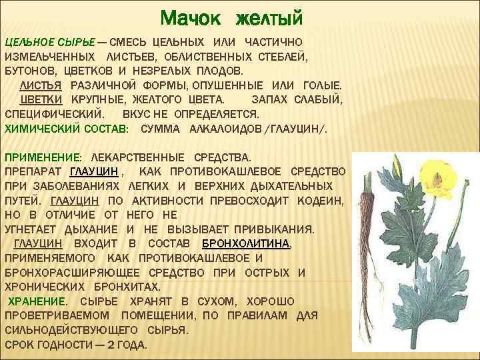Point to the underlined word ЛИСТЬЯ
point(41,85)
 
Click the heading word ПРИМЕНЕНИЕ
point(42,157)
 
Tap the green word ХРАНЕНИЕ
point(37,301)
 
